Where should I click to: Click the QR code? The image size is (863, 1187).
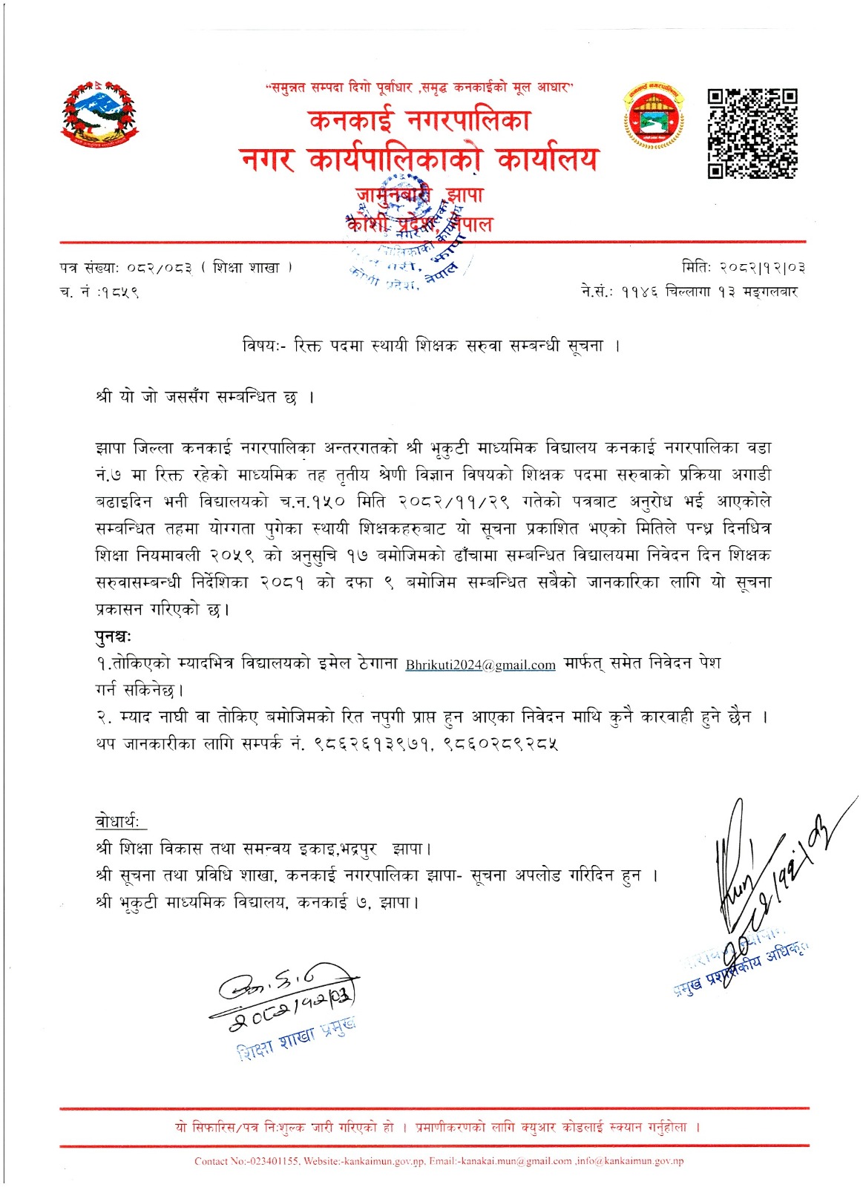coord(752,134)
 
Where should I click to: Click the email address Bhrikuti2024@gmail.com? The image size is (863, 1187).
coord(480,665)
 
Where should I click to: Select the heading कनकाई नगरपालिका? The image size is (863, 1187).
coord(420,121)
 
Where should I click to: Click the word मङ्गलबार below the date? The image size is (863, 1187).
coord(770,292)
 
